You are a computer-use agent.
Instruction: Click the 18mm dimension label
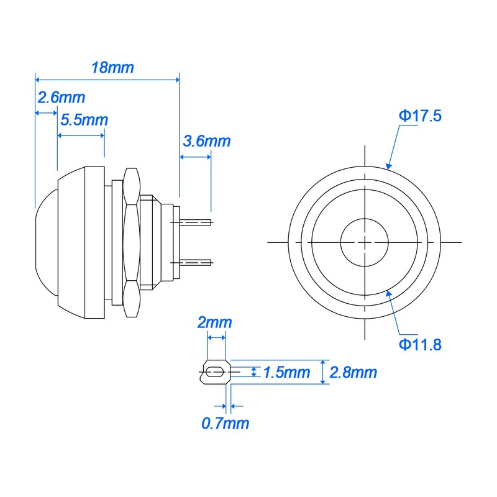112,68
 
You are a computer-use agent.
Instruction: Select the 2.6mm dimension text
61,98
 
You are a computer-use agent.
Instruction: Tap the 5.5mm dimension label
84,120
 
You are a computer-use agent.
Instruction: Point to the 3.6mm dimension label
206,141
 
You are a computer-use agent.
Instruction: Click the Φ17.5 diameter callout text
420,116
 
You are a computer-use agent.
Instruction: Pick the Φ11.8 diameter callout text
420,345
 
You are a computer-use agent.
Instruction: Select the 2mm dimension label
214,322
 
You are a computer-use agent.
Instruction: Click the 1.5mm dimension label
286,372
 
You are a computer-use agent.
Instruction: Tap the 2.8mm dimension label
353,372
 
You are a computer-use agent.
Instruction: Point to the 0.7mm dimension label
225,424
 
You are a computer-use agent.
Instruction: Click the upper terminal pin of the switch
196,222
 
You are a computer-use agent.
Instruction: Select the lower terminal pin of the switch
196,262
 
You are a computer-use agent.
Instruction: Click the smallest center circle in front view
365,241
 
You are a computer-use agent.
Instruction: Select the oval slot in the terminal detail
215,372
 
